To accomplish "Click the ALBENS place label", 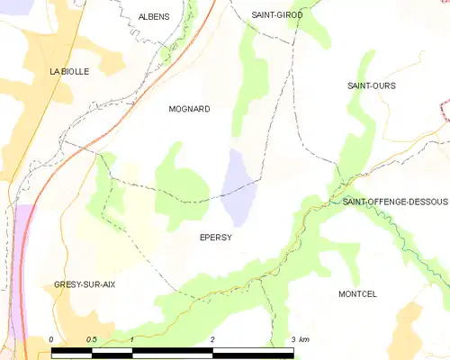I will pos(153,16).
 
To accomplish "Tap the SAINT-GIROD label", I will pos(277,15).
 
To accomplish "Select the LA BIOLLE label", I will pos(69,71).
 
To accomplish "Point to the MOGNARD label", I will pos(189,109).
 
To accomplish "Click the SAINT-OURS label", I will pos(372,85).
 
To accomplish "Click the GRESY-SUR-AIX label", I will pos(85,284).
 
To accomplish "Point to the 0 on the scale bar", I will pos(52,339).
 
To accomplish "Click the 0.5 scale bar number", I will pos(91,339).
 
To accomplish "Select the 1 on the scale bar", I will pos(132,339).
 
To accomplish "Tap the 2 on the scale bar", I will pos(212,339).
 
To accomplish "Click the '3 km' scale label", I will pos(301,339).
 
